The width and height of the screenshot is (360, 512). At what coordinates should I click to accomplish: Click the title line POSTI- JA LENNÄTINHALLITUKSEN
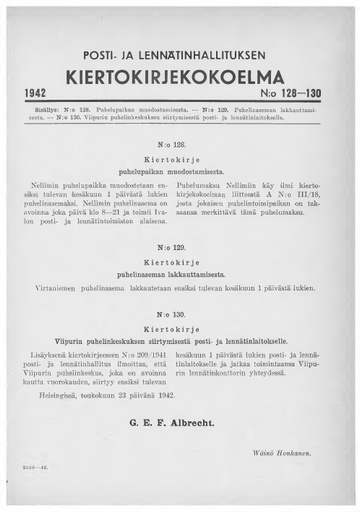[180, 52]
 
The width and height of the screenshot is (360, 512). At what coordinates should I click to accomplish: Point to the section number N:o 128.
[179, 143]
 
